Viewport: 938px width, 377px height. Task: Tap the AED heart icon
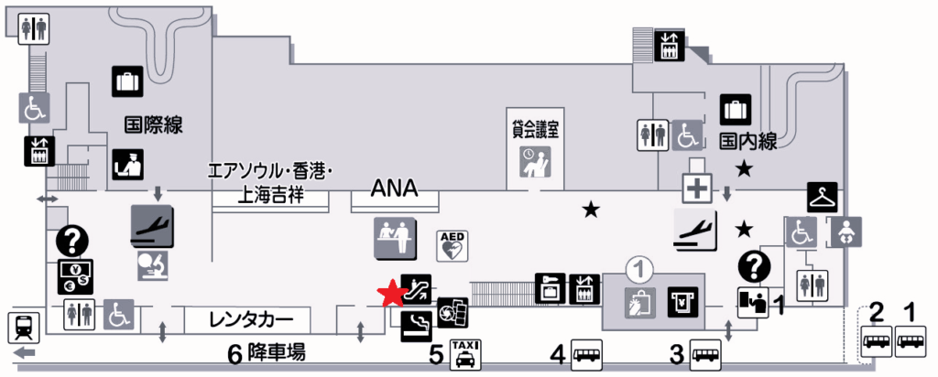(453, 245)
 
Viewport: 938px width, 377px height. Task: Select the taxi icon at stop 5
(466, 355)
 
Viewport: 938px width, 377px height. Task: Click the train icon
(23, 328)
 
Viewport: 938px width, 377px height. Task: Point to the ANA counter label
(394, 188)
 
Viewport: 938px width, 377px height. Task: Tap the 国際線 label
(154, 125)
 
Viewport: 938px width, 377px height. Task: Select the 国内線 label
(747, 142)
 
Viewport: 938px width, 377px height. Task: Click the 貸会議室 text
(535, 130)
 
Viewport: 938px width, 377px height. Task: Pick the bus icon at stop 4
(587, 355)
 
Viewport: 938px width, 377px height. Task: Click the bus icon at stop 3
(706, 355)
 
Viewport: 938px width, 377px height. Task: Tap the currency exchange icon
(75, 276)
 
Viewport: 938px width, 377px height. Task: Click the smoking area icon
(417, 328)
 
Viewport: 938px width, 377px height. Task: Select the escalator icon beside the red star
(417, 289)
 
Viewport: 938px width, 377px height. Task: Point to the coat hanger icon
(823, 197)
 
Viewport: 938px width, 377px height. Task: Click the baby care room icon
(846, 232)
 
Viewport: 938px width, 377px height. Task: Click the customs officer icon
(127, 165)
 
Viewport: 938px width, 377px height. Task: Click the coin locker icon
(550, 289)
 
